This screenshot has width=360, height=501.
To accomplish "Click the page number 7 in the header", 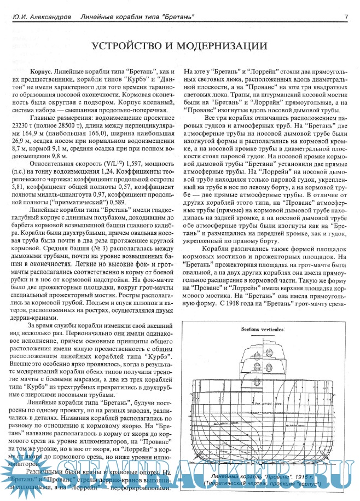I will pos(346,17).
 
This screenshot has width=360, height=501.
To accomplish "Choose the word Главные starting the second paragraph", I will pos(43,117).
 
